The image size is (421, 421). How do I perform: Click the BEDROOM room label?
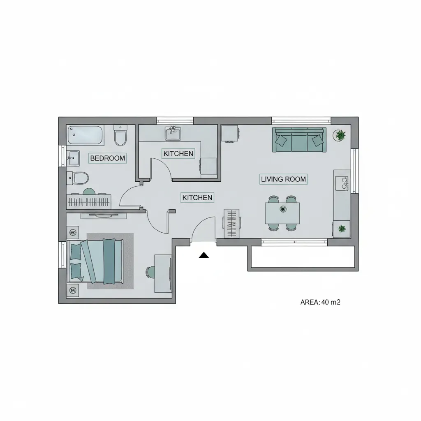[x=107, y=158]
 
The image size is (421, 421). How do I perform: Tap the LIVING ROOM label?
[x=283, y=179]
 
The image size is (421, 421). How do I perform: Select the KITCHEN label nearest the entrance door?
[x=197, y=198]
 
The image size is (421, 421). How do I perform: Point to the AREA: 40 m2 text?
[x=320, y=302]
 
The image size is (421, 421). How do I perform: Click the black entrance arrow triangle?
[x=204, y=255]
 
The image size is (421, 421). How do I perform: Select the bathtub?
[x=85, y=135]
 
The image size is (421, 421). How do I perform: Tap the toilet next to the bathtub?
[x=120, y=135]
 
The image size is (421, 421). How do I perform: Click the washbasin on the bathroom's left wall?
[x=73, y=158]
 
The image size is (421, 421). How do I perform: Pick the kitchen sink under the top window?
[x=173, y=133]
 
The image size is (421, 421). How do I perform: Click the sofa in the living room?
[x=299, y=140]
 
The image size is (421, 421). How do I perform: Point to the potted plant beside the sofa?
[x=340, y=135]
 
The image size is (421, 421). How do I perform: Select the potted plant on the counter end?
[x=342, y=229]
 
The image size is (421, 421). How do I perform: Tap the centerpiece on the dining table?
[x=283, y=208]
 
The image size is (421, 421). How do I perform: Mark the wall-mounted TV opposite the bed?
[x=103, y=215]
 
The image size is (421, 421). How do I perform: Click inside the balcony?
[x=303, y=257]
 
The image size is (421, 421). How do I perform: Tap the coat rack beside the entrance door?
[x=231, y=223]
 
